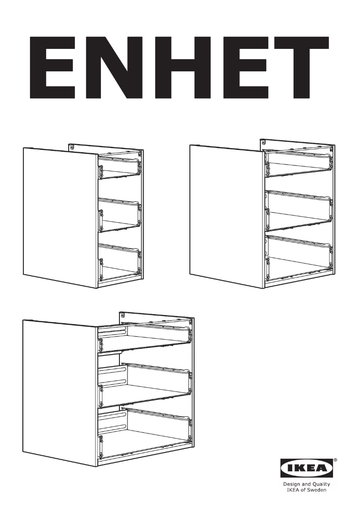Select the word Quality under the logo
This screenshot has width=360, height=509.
[x=321, y=484]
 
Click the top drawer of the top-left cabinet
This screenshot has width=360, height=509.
[x=119, y=166]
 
